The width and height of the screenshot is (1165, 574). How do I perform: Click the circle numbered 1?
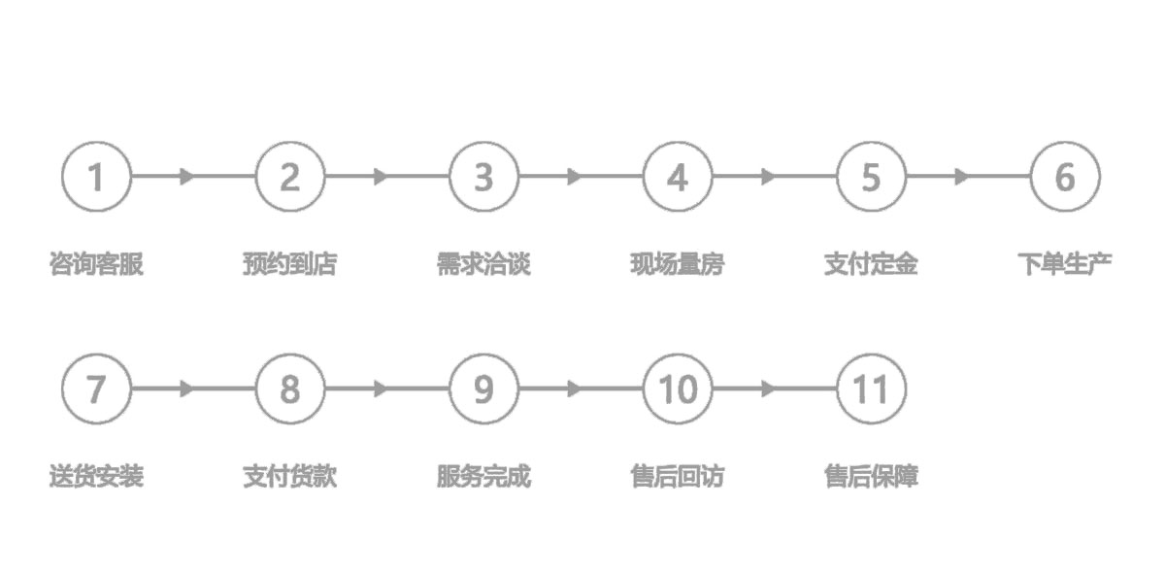95,177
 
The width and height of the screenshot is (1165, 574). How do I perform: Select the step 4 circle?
678,177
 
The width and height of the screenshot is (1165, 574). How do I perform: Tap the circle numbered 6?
1065,177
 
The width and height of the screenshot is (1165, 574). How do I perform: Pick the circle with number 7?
95,389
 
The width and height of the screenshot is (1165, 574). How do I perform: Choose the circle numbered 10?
678,389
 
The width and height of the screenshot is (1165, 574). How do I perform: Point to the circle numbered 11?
871,389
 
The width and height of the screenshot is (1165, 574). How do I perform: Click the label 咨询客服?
96,264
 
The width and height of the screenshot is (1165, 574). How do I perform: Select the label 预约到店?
289,264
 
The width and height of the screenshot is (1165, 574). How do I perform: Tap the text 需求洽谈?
483,264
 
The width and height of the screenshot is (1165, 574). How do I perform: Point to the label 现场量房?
678,264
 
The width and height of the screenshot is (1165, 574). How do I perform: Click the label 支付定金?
871,264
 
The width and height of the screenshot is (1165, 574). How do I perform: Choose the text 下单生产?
1065,264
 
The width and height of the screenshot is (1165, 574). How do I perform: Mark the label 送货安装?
96,477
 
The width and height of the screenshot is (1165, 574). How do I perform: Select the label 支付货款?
289,477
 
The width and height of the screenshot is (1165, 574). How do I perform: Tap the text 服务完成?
483,477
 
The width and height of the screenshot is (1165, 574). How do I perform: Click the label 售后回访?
678,477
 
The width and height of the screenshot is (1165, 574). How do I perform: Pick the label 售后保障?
871,477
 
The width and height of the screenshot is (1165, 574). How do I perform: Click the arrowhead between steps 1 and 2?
187,177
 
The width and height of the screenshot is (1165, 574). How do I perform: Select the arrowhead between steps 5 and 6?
962,177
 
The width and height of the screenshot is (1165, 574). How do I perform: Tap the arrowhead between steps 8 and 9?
381,389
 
